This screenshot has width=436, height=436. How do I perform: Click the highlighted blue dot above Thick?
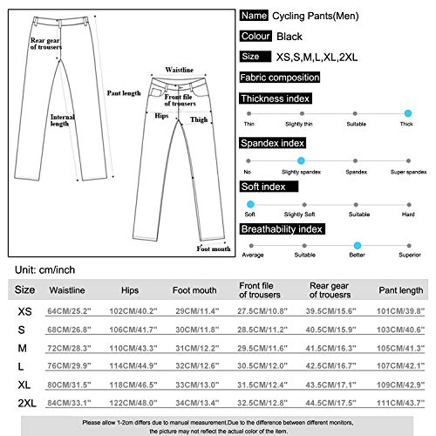[408, 113]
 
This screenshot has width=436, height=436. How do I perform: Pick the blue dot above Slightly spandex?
[300, 160]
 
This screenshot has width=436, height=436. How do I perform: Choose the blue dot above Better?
[356, 246]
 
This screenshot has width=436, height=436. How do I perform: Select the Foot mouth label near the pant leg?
[214, 249]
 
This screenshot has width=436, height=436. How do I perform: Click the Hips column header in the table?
[131, 290]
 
